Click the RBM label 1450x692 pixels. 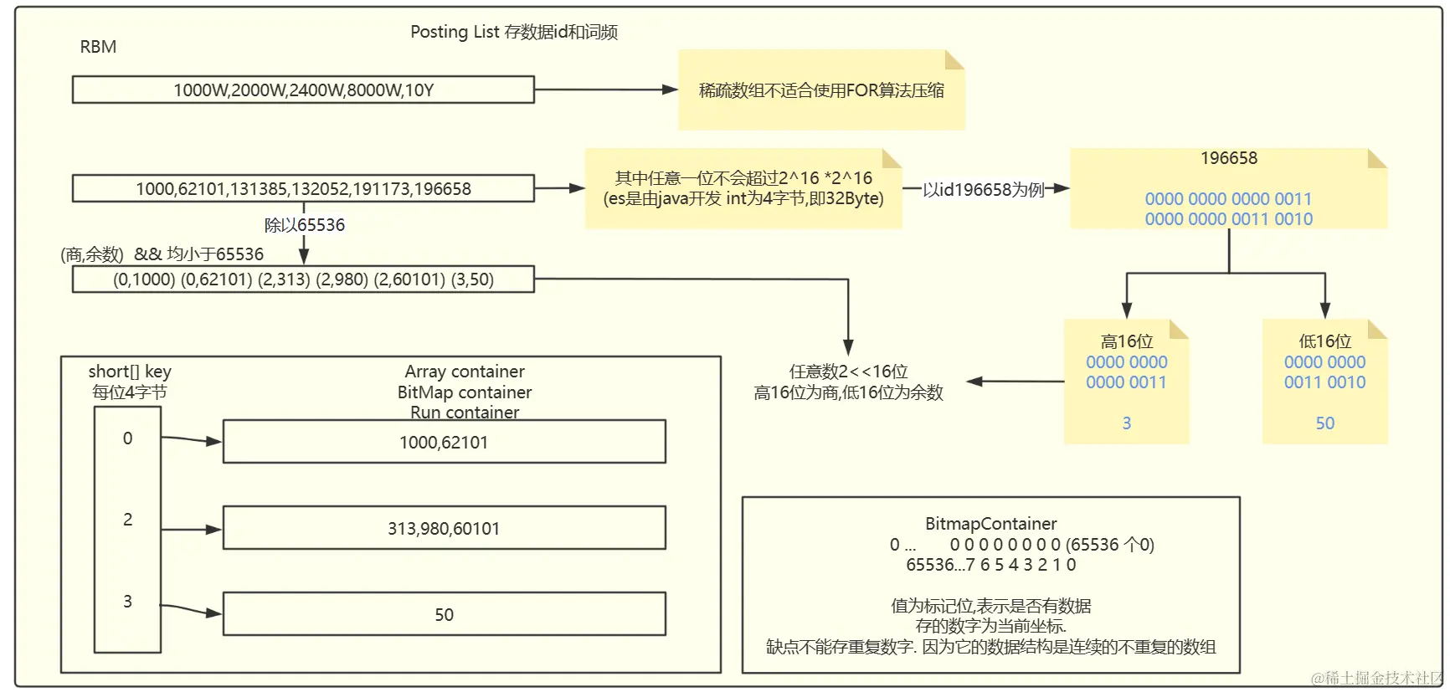98,47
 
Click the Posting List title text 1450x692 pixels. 513,32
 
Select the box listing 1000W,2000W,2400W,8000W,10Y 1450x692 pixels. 303,90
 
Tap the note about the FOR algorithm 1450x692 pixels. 820,90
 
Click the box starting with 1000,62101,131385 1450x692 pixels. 303,188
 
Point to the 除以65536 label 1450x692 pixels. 304,224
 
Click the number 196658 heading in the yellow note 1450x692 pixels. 1228,158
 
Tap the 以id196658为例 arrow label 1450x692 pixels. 983,190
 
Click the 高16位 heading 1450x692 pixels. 1126,341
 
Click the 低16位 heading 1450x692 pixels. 1324,341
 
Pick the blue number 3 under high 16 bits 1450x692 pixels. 1126,423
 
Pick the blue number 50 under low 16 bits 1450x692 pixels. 1324,423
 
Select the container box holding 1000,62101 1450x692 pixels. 444,442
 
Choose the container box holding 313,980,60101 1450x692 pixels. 444,528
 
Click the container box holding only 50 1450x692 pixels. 444,614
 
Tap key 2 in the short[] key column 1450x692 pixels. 127,520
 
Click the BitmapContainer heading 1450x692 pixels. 990,524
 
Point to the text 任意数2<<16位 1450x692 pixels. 848,372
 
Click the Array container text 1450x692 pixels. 465,372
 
